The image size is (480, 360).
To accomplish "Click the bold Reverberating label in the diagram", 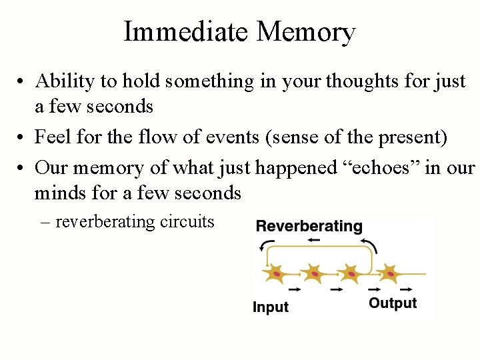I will coord(309,226).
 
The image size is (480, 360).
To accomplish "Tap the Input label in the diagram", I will coord(270,307).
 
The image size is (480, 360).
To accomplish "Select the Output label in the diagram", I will coord(393,303).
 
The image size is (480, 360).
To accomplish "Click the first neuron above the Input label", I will coord(276,273).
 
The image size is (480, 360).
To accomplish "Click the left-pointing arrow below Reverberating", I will coord(315,239).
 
